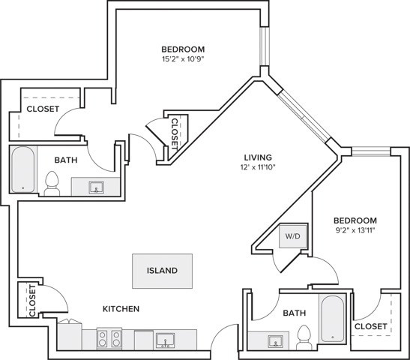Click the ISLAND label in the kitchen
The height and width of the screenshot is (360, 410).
(x=162, y=270)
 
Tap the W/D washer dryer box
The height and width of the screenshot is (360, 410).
(x=292, y=236)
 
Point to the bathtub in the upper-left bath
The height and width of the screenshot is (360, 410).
(x=22, y=169)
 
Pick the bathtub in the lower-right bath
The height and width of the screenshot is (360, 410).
(x=332, y=319)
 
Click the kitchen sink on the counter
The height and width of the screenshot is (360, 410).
(x=165, y=340)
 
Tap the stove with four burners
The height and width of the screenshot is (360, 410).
(x=109, y=338)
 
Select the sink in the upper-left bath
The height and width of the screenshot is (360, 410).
(x=96, y=187)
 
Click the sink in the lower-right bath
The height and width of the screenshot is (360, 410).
(x=275, y=341)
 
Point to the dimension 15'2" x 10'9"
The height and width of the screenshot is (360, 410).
(x=183, y=59)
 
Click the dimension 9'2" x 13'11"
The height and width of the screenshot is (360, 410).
(x=355, y=230)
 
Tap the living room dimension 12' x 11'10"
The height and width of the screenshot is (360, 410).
(x=258, y=167)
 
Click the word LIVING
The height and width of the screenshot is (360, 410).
(x=258, y=157)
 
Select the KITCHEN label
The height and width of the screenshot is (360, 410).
(x=121, y=309)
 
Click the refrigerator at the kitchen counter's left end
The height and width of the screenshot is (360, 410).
(x=70, y=335)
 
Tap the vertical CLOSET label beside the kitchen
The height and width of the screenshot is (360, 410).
(x=32, y=301)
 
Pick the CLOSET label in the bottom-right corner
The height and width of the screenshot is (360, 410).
(x=371, y=326)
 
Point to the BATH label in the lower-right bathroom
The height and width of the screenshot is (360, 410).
(x=295, y=313)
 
